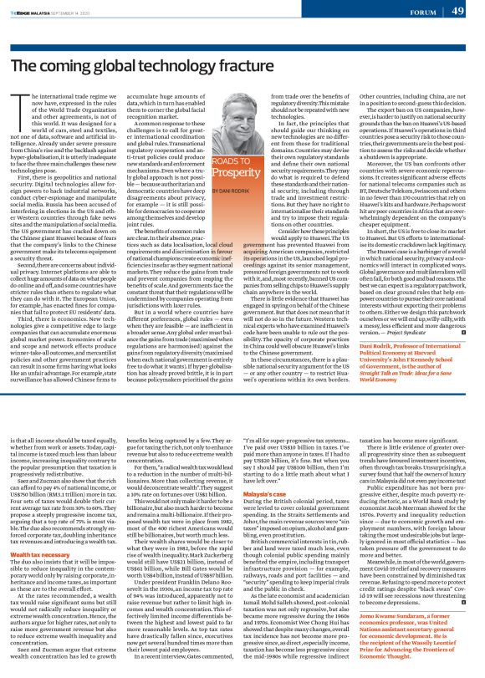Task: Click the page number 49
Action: click(458, 11)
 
